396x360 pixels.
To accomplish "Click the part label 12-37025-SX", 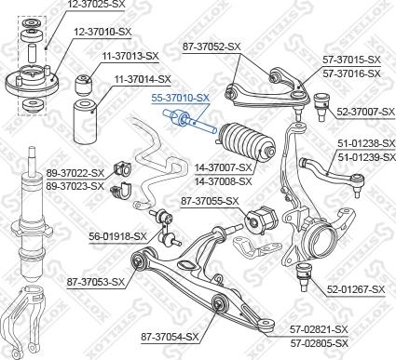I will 95,6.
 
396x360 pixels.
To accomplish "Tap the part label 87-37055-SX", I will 211,201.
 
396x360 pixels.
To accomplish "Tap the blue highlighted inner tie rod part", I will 189,120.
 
